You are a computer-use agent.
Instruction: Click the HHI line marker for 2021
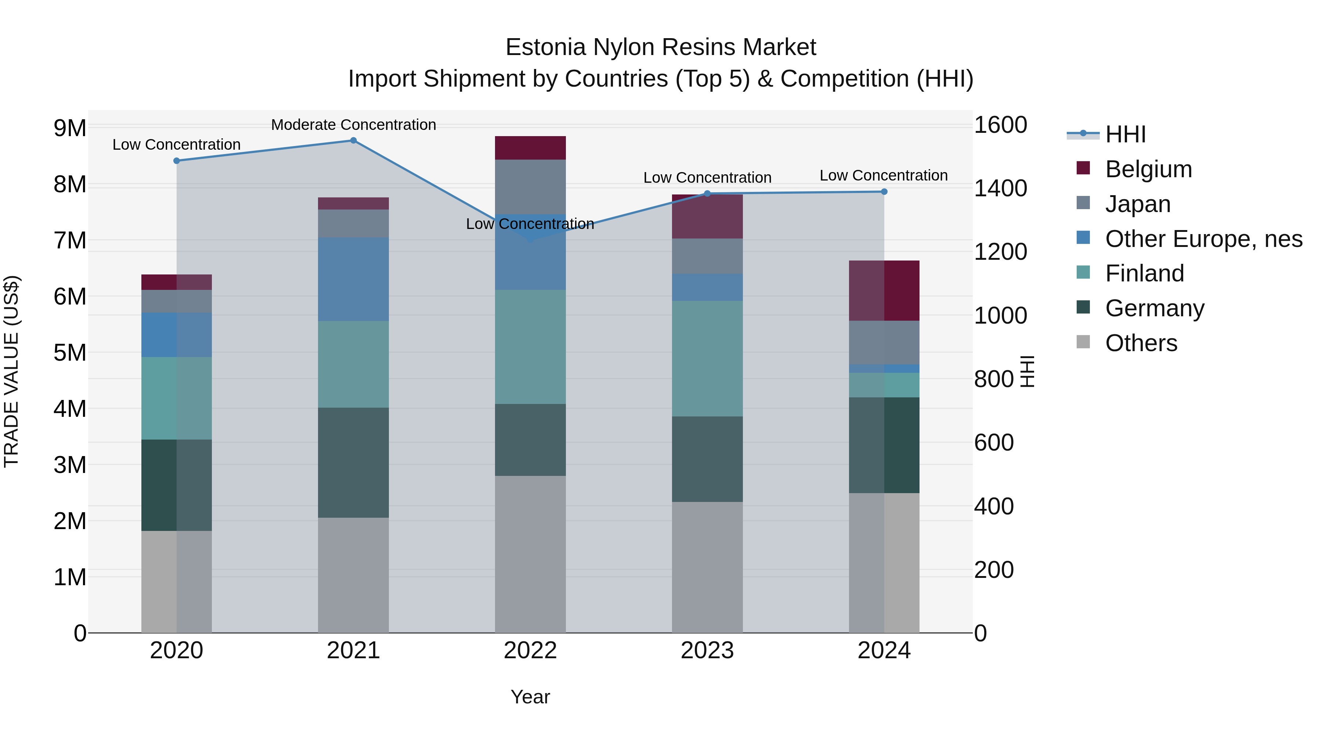click(353, 141)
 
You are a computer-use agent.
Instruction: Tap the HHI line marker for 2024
click(884, 192)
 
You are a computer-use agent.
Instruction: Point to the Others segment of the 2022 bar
click(530, 554)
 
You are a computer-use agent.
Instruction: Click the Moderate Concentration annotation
click(353, 125)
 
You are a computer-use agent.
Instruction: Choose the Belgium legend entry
click(1148, 169)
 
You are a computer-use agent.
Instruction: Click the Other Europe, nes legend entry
click(1203, 239)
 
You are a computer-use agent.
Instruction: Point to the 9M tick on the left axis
click(70, 128)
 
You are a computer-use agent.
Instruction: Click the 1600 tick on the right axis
click(1000, 125)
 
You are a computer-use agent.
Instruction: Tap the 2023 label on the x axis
click(707, 651)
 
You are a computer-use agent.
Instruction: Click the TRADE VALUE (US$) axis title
click(11, 371)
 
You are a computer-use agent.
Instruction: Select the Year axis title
click(530, 697)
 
